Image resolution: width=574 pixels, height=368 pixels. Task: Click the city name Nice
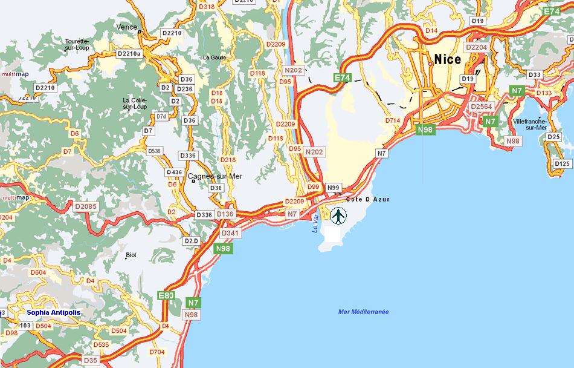point(448,59)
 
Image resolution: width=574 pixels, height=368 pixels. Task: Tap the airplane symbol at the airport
point(339,215)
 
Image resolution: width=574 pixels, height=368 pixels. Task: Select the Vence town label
point(127,27)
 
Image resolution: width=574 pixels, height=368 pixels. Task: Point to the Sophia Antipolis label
point(53,312)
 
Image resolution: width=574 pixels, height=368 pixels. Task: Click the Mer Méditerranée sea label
point(363,312)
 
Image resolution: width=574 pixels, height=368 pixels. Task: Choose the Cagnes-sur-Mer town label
point(215,177)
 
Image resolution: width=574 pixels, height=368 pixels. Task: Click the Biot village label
point(131,255)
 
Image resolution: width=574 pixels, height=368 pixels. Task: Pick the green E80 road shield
point(166,295)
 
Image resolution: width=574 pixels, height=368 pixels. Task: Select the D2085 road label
point(86,206)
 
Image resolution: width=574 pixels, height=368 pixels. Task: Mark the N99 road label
point(334,188)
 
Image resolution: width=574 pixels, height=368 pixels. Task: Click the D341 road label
point(230,233)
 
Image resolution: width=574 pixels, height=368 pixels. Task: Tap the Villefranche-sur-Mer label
point(529,124)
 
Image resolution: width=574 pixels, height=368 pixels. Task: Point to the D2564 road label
point(482,107)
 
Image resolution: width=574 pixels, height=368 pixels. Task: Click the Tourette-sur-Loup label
point(77,37)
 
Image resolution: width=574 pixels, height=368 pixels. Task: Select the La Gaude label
point(214,57)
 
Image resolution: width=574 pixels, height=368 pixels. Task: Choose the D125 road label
point(562,163)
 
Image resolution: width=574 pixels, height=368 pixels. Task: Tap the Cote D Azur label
point(368,199)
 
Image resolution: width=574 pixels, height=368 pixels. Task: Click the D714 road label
point(393,120)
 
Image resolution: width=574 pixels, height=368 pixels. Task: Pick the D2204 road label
point(476,47)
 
